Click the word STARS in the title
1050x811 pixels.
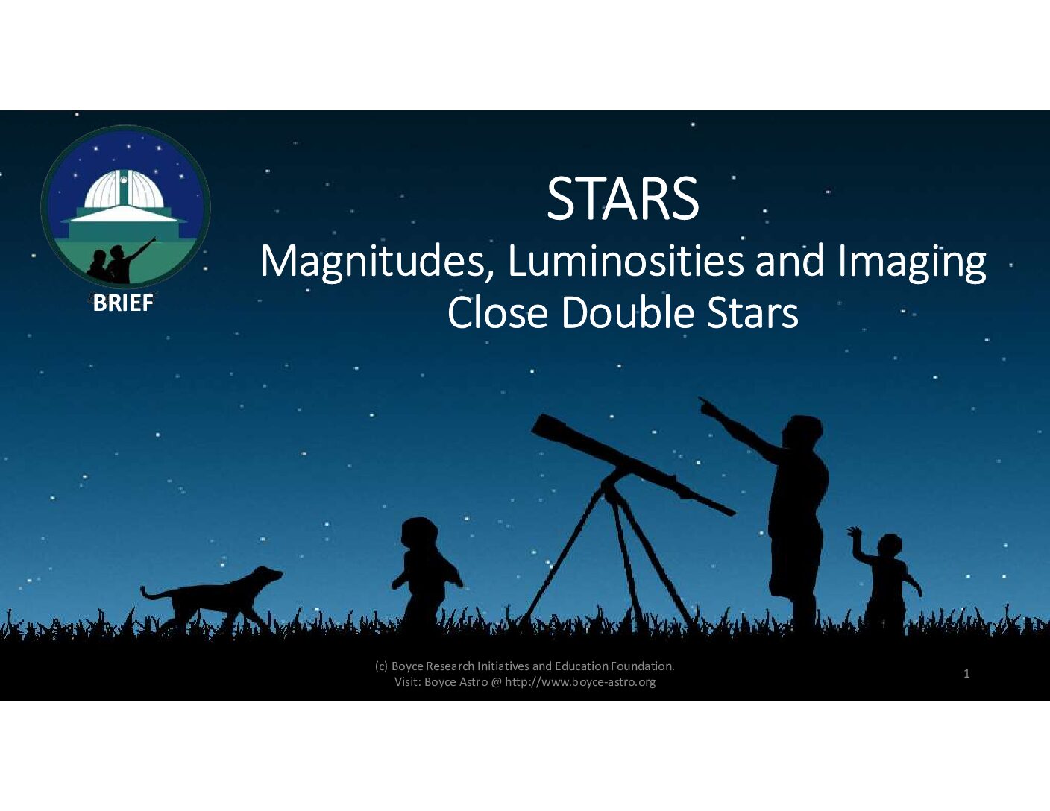(623, 198)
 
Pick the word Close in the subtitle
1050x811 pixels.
(497, 313)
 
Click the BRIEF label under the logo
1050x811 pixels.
(123, 303)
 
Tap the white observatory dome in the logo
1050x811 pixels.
(125, 189)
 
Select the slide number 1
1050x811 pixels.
(966, 674)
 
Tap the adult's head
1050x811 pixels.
(802, 432)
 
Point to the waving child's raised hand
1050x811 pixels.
(855, 532)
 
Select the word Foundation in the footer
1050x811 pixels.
(643, 666)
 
